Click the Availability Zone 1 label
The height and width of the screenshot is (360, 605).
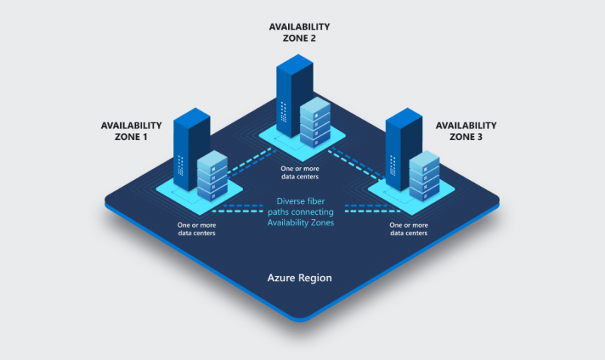(x=132, y=131)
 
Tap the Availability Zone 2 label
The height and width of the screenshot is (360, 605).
(x=299, y=33)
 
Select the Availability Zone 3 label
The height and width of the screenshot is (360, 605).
(x=466, y=131)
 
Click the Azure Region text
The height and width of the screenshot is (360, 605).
(x=299, y=278)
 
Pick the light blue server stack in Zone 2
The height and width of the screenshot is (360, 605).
(x=315, y=122)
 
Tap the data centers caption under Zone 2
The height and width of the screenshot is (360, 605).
(x=299, y=172)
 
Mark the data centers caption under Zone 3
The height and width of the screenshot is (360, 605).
(x=408, y=229)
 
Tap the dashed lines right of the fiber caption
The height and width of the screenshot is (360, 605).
(x=358, y=209)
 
